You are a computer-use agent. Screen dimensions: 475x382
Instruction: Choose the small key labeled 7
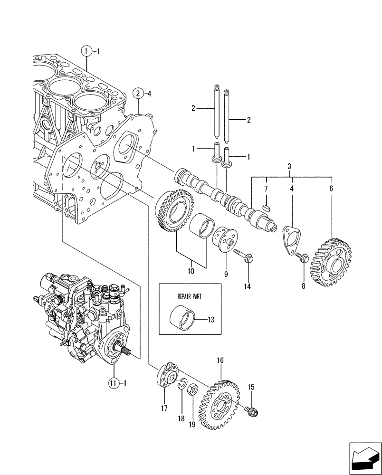266,207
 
